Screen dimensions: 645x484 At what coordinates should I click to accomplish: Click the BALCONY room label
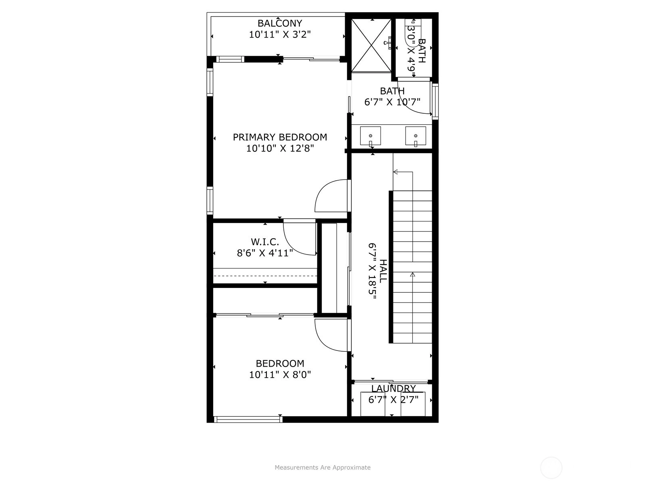[x=280, y=23]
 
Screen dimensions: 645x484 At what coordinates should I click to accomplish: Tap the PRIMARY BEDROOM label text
[x=280, y=137]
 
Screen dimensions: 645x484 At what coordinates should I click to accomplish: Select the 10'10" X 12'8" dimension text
[x=280, y=148]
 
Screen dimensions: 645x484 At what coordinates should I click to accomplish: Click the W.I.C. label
[x=265, y=242]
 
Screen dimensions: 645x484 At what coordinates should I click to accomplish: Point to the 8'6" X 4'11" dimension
[x=265, y=253]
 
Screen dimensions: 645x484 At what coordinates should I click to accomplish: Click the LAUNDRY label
[x=393, y=388]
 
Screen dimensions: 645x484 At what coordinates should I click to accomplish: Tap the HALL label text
[x=383, y=271]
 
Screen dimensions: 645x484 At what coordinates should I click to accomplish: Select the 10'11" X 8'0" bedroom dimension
[x=280, y=375]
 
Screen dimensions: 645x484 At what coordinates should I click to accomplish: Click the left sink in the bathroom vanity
[x=370, y=136]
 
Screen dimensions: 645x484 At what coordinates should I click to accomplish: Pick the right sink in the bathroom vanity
[x=416, y=136]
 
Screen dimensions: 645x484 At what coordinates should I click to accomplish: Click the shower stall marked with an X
[x=371, y=45]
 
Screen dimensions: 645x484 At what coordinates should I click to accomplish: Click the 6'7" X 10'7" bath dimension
[x=392, y=102]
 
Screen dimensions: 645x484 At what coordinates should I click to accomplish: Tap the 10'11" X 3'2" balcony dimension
[x=280, y=34]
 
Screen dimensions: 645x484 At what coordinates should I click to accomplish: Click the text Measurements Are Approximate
[x=322, y=467]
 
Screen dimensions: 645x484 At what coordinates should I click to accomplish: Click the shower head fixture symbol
[x=388, y=43]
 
